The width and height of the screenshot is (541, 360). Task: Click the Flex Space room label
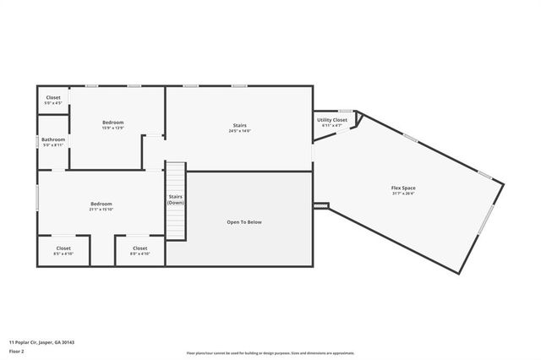point(402,188)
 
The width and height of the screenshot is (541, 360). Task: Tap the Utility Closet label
point(332,120)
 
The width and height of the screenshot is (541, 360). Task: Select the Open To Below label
point(244,222)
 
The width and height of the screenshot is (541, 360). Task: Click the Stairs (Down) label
point(176,199)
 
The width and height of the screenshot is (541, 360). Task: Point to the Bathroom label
point(53,139)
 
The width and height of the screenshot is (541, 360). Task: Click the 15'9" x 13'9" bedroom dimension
point(113,128)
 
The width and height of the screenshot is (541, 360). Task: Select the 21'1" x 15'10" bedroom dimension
point(101,210)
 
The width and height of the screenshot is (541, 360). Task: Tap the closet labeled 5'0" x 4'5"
point(53,103)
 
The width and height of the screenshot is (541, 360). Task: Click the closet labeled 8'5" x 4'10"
point(64,254)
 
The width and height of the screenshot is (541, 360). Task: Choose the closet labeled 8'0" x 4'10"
point(139,254)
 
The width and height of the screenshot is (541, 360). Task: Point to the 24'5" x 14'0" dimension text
point(239,132)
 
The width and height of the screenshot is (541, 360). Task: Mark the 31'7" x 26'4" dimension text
point(402,194)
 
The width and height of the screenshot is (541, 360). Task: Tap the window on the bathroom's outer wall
point(37,141)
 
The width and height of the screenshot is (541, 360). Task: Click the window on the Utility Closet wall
point(345,111)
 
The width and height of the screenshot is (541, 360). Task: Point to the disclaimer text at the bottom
point(270,353)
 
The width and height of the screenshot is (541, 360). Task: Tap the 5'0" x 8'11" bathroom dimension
point(53,145)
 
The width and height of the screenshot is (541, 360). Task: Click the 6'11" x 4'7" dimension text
point(332,126)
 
